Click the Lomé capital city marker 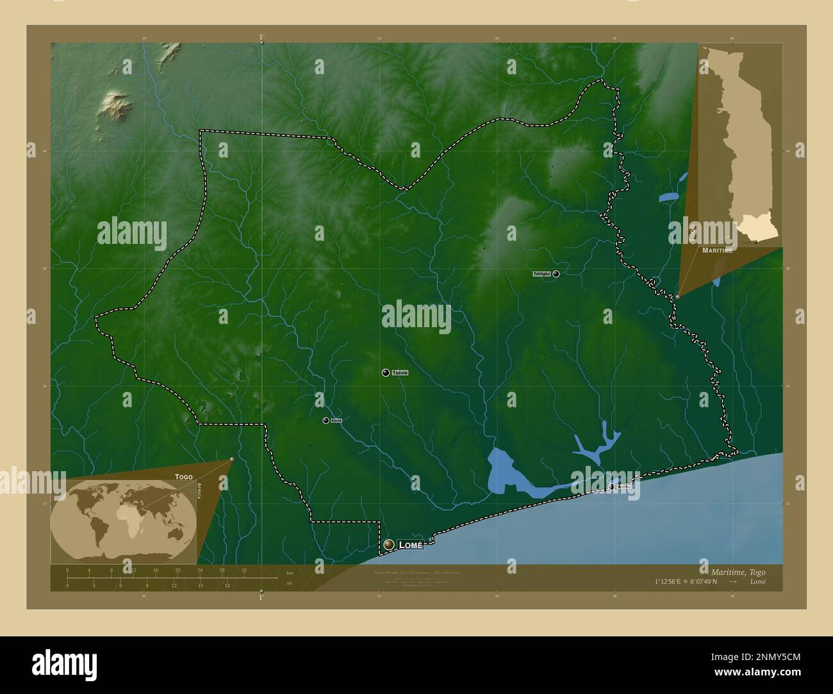click(388, 545)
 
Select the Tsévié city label click(399, 373)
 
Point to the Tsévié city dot click(385, 373)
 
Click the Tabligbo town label click(541, 274)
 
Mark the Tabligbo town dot click(556, 274)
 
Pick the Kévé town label click(336, 421)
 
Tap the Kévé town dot click(326, 421)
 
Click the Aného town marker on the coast click(612, 487)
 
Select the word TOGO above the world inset click(183, 477)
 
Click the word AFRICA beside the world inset click(200, 495)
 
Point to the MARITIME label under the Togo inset click(717, 250)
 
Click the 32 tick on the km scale click(244, 570)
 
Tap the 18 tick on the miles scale click(227, 585)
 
